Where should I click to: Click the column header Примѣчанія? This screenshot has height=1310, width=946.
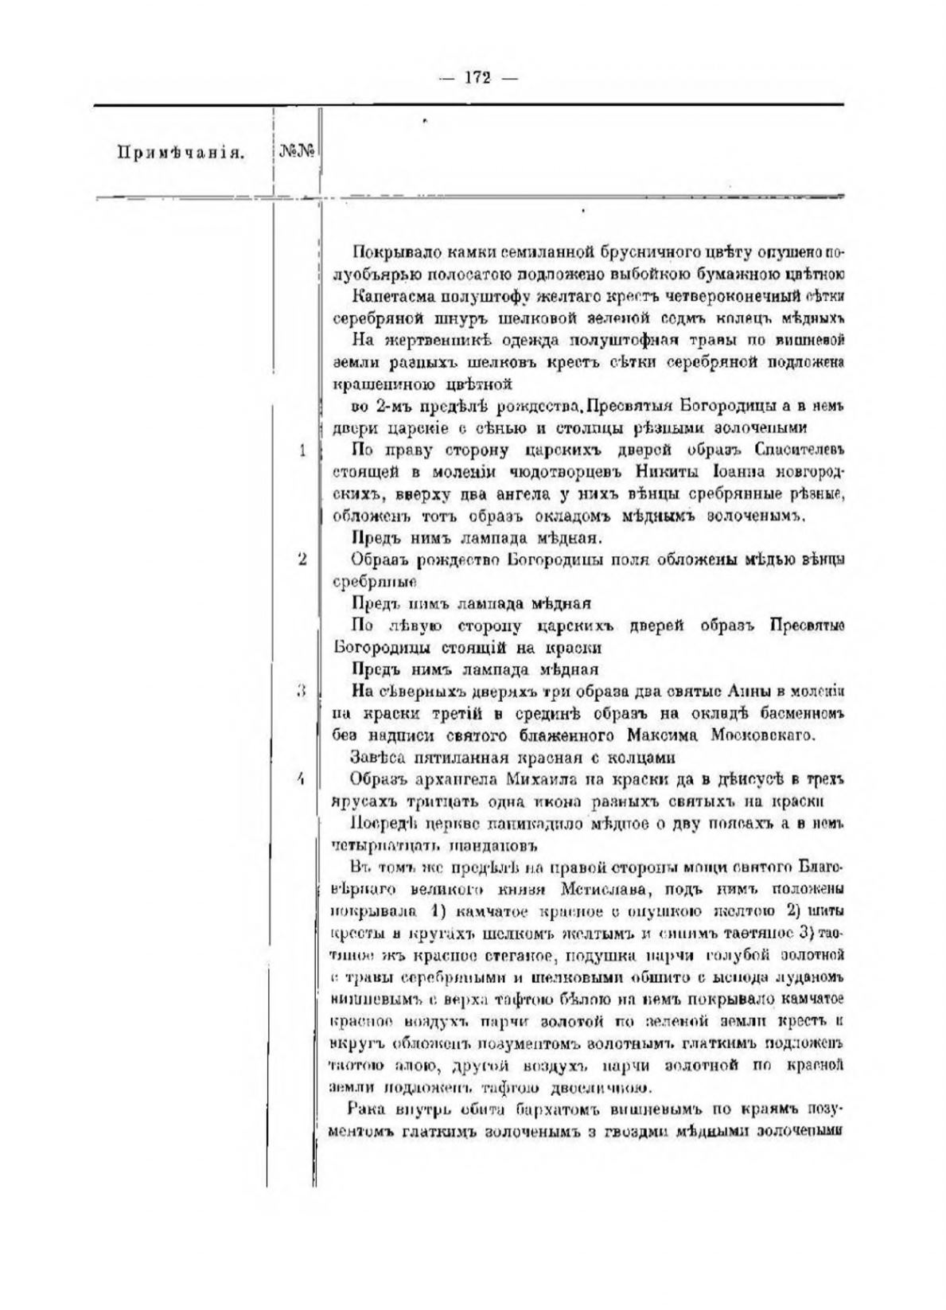(180, 152)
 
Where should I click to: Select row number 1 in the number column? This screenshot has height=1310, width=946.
(302, 450)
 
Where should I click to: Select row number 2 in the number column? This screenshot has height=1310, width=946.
(302, 559)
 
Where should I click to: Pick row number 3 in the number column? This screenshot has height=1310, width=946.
(302, 691)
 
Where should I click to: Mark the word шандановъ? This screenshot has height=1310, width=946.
(505, 844)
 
